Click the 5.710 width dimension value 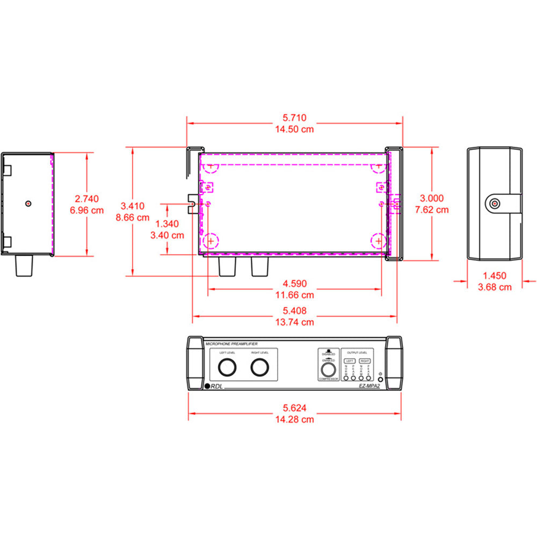click(x=295, y=117)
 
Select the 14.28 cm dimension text click(x=295, y=419)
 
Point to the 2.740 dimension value click(x=86, y=198)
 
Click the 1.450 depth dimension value click(x=495, y=276)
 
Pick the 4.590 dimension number click(x=295, y=284)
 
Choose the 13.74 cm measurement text click(x=295, y=322)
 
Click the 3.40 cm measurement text click(x=167, y=235)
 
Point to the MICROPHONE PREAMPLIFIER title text click(x=231, y=342)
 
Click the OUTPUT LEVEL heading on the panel click(x=358, y=352)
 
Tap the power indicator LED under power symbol click(x=380, y=380)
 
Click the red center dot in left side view click(x=28, y=203)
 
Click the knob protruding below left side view click(x=25, y=266)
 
